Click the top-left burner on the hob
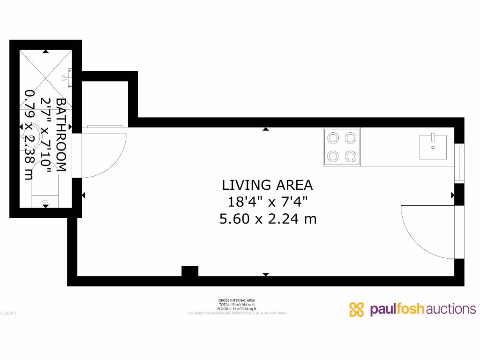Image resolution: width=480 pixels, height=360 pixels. (x=333, y=138)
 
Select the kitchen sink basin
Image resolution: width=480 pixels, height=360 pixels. (x=433, y=147)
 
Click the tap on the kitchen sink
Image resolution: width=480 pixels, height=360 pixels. (x=433, y=136)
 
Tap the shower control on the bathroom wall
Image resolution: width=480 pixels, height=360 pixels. (x=69, y=77)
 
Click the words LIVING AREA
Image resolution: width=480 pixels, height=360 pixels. (x=267, y=185)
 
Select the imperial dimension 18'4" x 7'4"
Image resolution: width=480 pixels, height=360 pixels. (x=267, y=202)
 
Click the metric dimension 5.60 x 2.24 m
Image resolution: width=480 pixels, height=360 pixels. (x=268, y=219)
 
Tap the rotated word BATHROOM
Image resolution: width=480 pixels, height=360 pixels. (x=61, y=135)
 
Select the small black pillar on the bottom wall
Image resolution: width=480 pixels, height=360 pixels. (x=190, y=271)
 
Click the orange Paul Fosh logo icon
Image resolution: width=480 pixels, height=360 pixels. (x=357, y=309)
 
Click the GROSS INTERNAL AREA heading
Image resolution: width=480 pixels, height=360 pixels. (x=237, y=300)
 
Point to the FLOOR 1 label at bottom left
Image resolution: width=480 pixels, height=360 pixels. (x=8, y=313)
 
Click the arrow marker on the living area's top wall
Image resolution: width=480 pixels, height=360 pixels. (x=266, y=129)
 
